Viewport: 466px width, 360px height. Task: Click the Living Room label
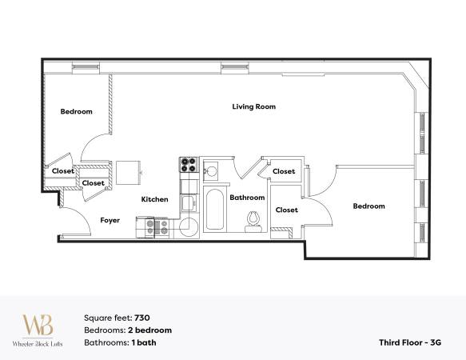(254, 106)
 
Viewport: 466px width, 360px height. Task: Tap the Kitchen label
(155, 199)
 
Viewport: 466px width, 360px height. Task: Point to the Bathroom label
(247, 197)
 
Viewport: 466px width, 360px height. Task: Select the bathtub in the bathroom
(214, 210)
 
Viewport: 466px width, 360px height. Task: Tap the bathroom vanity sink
(212, 170)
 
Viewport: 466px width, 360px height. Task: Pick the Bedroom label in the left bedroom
(77, 111)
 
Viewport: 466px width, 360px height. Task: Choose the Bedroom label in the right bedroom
(368, 206)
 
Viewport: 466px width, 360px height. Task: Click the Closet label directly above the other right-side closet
(284, 171)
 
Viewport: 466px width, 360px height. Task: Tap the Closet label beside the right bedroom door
(286, 210)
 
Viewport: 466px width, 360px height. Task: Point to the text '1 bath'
(144, 342)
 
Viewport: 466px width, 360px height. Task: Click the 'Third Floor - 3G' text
(409, 342)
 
